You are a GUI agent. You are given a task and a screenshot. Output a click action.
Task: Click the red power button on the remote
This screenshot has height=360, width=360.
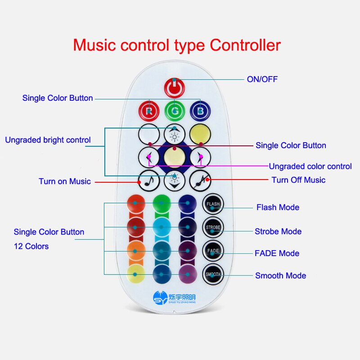pos(174,87)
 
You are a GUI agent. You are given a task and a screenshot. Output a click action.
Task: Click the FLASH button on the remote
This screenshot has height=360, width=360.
pos(213,204)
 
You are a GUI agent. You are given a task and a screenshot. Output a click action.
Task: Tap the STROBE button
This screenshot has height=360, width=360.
pos(213,227)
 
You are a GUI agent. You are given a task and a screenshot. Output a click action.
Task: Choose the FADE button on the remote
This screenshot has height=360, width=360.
pos(213,250)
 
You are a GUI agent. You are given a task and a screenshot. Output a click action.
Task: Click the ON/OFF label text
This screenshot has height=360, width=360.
pos(262,79)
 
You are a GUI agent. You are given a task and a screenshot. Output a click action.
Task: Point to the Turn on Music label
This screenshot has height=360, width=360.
pos(64,181)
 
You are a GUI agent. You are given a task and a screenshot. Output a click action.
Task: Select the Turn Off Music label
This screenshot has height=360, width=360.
pos(298,180)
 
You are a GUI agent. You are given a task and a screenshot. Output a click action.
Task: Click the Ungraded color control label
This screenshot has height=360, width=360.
pos(310,166)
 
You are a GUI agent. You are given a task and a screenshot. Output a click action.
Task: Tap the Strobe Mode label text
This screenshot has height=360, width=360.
pos(278,231)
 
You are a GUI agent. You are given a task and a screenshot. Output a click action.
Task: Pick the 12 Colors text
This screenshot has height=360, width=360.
pos(31,246)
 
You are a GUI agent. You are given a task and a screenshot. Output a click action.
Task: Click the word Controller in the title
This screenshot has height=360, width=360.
pos(245,45)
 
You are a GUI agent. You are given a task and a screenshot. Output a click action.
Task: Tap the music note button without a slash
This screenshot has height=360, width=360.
pos(149,180)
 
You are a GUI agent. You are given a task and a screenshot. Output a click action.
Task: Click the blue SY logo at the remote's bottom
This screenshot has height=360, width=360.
pos(160,298)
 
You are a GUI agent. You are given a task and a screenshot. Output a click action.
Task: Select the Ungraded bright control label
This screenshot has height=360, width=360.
pos(48,140)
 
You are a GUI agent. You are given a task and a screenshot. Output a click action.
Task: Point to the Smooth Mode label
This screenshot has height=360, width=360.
pos(280,275)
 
